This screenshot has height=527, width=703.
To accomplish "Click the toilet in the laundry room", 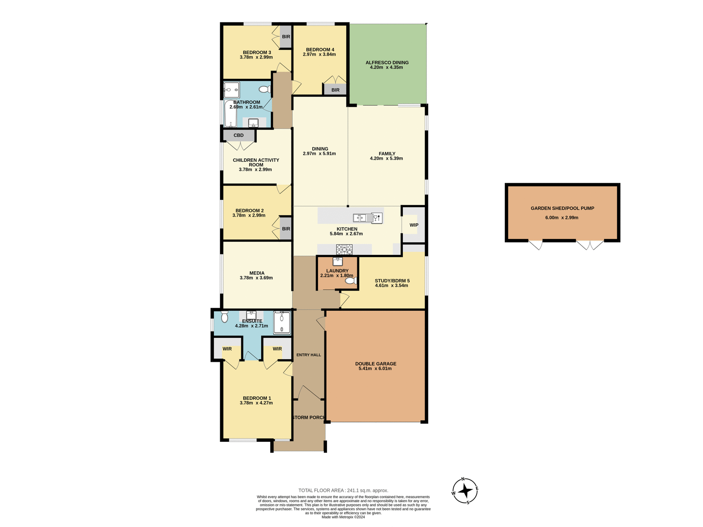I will click(350, 281).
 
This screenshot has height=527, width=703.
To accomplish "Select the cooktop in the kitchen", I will click(344, 250).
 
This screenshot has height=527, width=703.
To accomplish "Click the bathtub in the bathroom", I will click(230, 113).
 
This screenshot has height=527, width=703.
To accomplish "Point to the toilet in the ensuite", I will click(224, 317).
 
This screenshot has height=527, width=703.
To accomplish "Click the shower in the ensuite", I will click(282, 322).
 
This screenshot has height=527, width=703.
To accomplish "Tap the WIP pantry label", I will click(414, 225).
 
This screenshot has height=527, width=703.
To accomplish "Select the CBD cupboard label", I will click(238, 135).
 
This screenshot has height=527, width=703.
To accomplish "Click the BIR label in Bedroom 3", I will click(286, 37).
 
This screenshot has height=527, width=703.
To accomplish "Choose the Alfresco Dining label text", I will click(387, 63).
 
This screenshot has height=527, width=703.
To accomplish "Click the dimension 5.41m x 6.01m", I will click(375, 369).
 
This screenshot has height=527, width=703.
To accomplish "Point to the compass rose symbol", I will click(465, 491).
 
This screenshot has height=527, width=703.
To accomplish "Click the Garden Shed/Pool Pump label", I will click(562, 208).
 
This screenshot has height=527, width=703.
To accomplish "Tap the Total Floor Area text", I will click(343, 490).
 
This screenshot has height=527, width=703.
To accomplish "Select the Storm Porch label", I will click(309, 418).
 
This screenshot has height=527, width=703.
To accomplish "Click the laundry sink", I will click(338, 262).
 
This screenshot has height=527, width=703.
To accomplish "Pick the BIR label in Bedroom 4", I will click(335, 90).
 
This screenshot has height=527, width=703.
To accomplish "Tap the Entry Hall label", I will click(309, 355).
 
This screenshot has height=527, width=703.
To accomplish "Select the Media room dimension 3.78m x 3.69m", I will click(256, 278).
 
